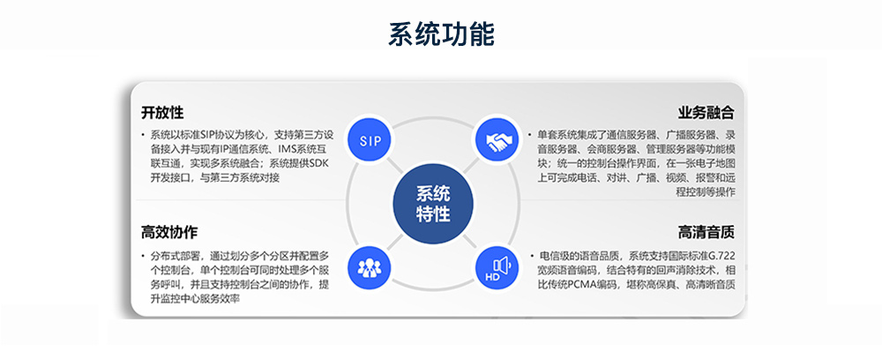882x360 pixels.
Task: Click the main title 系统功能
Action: (441, 34)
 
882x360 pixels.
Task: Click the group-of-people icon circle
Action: (370, 266)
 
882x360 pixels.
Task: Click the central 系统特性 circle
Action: (433, 204)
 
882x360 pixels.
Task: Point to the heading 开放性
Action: (162, 113)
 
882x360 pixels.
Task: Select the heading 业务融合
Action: (706, 113)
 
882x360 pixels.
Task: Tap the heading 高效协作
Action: (169, 232)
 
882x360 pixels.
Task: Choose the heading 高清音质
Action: (706, 232)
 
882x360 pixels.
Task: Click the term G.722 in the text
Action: (722, 256)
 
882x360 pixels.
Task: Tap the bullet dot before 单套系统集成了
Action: (530, 135)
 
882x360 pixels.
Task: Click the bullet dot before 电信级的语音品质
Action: (530, 256)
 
